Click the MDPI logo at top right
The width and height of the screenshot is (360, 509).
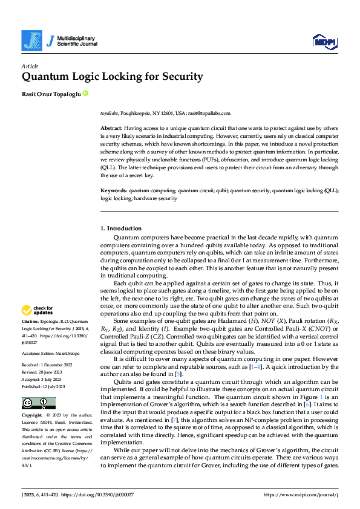tap(323, 41)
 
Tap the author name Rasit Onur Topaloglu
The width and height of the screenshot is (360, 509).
tap(51, 94)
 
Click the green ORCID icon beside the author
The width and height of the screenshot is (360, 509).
tap(85, 94)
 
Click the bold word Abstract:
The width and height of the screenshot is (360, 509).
tap(111, 129)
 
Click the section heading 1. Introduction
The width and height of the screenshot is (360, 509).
tap(121, 229)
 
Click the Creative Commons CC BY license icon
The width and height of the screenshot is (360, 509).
tap(38, 386)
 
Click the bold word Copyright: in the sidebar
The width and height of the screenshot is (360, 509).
tap(32, 399)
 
